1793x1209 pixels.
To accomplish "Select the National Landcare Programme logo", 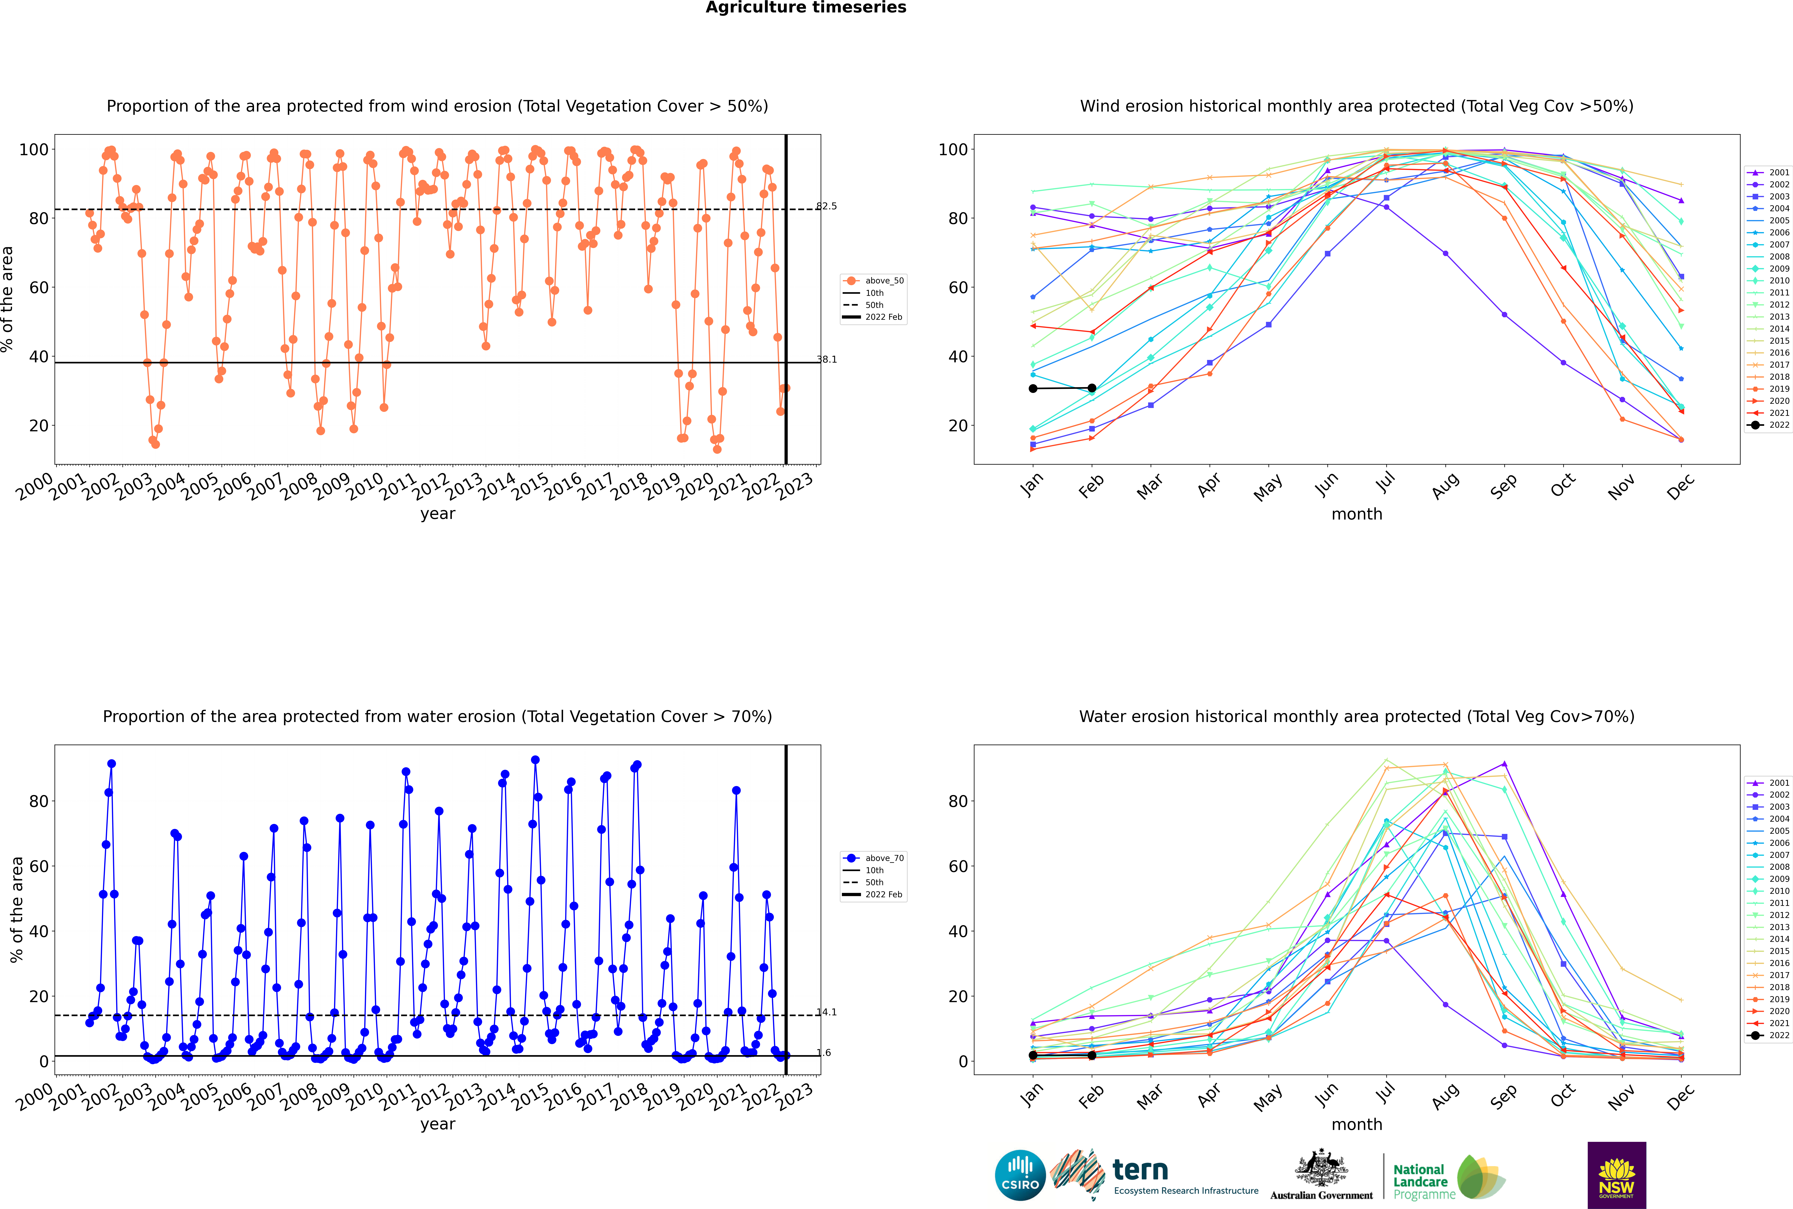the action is click(1449, 1177).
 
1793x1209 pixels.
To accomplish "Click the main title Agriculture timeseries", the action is click(806, 8).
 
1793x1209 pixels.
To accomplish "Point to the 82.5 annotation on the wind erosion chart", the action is click(826, 206).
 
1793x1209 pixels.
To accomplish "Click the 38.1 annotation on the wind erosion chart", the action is click(826, 359).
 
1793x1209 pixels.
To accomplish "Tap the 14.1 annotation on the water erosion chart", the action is click(826, 1012).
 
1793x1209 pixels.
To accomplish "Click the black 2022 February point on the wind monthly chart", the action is click(1092, 388).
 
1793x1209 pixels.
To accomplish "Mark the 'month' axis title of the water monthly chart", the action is click(1357, 1124).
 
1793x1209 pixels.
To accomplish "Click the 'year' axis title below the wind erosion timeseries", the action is click(438, 514).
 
